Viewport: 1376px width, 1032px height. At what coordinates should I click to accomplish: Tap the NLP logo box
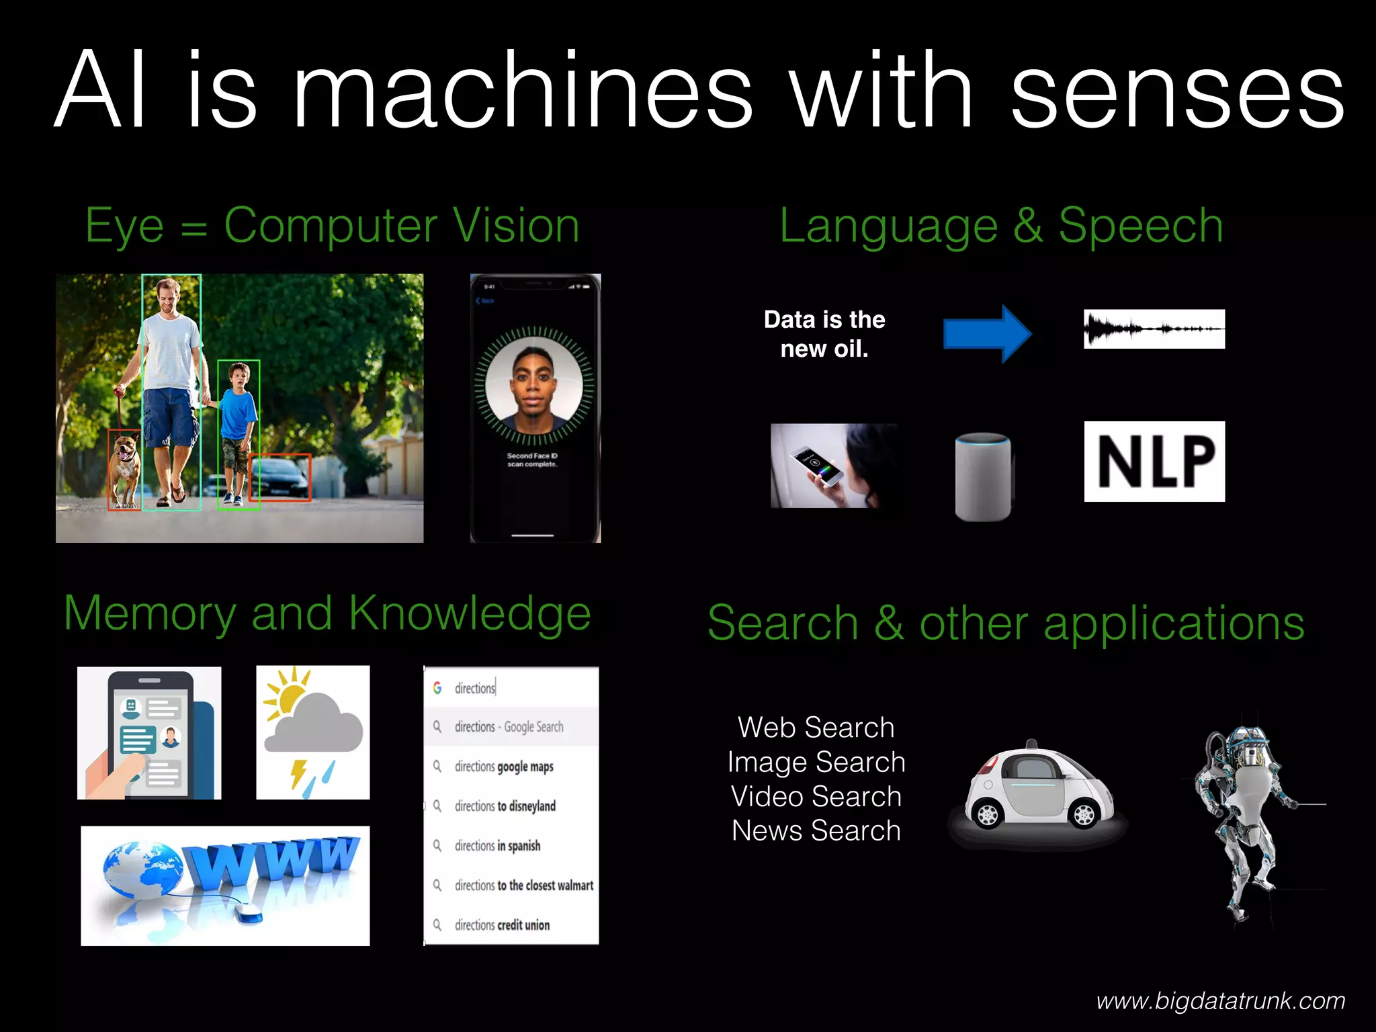pos(1154,462)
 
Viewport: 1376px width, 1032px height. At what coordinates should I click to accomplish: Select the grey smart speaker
pos(983,476)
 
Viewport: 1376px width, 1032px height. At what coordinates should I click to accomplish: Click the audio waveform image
pos(1154,329)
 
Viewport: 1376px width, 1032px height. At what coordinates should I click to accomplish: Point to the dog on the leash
pos(124,470)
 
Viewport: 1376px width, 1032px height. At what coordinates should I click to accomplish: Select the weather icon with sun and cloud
pos(313,732)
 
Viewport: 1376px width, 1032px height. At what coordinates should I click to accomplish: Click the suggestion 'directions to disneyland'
pos(505,806)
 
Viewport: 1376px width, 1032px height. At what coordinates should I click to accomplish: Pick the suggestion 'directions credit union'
pos(502,925)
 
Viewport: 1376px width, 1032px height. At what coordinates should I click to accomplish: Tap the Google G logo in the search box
pos(437,688)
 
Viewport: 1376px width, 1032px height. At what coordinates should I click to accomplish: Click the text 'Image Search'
pos(816,763)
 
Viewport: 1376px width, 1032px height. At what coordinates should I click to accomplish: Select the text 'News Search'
pos(816,831)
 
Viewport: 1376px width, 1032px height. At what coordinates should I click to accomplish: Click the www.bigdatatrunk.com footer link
pos(1220,1001)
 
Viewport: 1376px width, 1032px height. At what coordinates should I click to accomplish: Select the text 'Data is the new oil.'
pos(824,334)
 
